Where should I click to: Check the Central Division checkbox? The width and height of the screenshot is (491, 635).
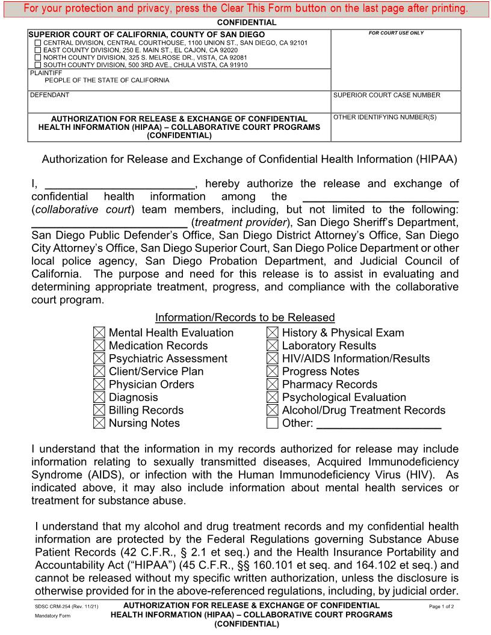(39, 43)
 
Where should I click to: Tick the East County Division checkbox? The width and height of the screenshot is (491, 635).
(39, 51)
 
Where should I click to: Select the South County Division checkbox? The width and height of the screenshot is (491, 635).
(39, 65)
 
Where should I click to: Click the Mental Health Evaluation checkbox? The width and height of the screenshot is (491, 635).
(99, 333)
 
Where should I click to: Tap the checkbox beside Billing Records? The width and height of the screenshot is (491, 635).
(99, 410)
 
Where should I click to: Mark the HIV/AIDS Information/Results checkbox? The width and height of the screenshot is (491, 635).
(273, 358)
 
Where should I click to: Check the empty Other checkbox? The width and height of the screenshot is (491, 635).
(273, 423)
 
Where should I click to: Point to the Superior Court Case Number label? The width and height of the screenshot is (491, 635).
(386, 95)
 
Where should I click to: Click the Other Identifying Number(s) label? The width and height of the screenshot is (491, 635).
(384, 117)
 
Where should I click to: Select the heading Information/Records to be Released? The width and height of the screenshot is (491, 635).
(245, 317)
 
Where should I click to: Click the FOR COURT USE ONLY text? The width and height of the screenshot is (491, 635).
(396, 33)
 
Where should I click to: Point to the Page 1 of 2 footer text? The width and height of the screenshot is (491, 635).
(441, 607)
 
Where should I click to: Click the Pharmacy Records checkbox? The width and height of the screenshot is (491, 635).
(273, 384)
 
